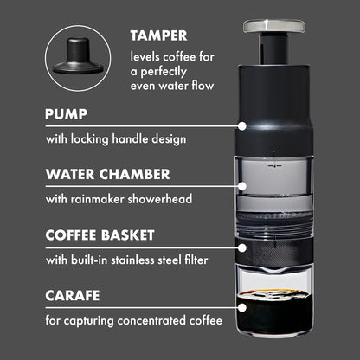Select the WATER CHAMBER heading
(107, 173)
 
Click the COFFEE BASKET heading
(100, 234)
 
